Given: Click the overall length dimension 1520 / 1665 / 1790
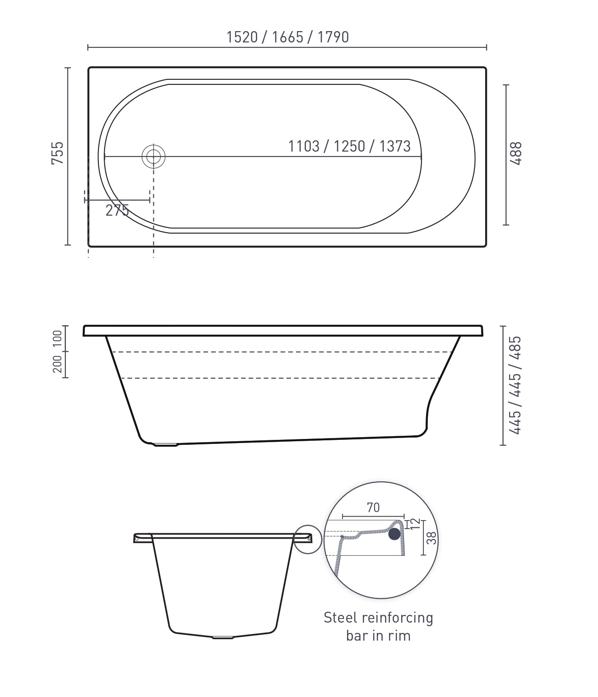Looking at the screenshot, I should (x=287, y=37).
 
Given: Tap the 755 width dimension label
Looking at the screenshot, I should (x=58, y=153).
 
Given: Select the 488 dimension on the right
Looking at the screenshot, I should (x=517, y=153).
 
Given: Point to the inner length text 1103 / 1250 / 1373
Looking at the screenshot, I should (x=349, y=146).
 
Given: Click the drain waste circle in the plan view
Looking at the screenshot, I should (x=153, y=157).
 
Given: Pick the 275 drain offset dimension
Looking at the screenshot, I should (x=117, y=210).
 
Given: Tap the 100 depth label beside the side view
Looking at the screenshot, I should (x=58, y=338).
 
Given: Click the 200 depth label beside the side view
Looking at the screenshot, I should (x=58, y=364).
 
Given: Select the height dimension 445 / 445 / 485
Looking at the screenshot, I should (x=515, y=385).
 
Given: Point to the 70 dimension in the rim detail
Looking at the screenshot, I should (x=373, y=508).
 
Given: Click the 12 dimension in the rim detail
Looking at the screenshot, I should (x=416, y=524).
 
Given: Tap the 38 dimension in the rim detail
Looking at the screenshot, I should (x=431, y=538).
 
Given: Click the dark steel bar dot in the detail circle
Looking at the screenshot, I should (x=394, y=534).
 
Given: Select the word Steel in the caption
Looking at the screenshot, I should (x=341, y=618).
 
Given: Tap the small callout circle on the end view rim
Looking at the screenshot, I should (x=308, y=539).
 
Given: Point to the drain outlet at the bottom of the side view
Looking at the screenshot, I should (x=166, y=444).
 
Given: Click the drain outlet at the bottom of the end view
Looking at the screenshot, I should (x=223, y=637).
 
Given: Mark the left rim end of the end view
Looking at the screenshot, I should (x=137, y=538).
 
